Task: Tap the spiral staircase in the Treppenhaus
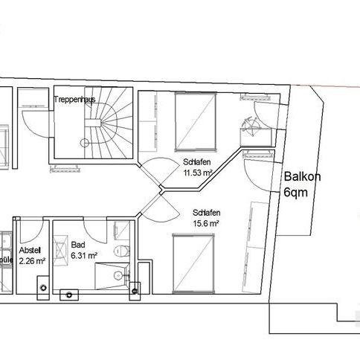pos(103,127)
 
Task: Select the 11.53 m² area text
pos(198,173)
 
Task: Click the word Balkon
pos(299,177)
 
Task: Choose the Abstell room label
pos(30,250)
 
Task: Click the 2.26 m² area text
pos(32,261)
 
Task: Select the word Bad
pos(77,245)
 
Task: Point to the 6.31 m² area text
pos(83,256)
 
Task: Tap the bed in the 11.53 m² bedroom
pos(195,120)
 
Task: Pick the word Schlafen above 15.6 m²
pos(205,211)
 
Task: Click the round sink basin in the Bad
pos(118,275)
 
